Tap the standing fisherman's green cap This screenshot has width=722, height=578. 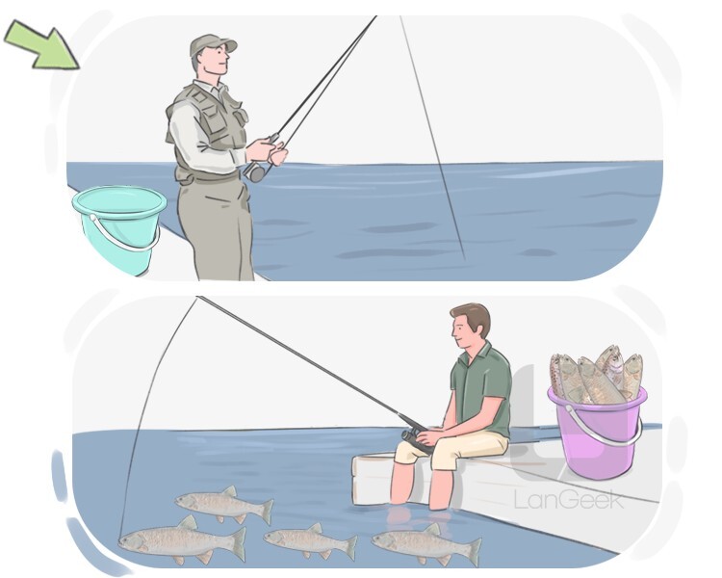(212, 44)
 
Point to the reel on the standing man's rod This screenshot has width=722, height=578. (255, 171)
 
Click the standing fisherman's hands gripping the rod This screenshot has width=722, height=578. (267, 150)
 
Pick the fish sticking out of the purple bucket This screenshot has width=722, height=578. (595, 374)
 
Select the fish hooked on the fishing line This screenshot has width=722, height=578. (183, 540)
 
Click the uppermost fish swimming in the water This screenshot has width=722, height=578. (224, 504)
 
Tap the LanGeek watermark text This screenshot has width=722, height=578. (569, 500)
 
